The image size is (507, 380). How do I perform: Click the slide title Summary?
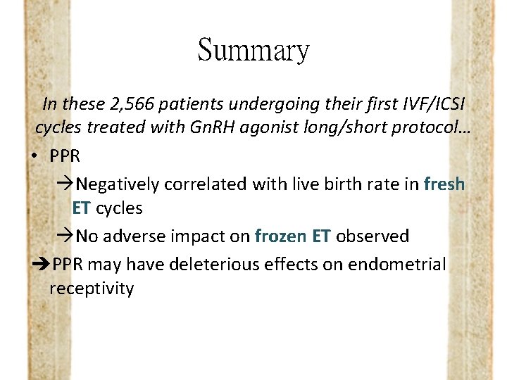(254, 50)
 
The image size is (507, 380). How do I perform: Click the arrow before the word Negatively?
(63, 184)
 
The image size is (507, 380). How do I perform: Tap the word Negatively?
(118, 184)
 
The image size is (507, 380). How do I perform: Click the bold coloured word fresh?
(444, 184)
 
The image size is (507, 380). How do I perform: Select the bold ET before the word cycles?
(82, 209)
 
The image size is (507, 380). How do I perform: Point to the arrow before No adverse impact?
(63, 236)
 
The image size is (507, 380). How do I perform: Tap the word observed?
(372, 236)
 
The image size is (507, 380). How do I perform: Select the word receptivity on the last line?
(92, 289)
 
